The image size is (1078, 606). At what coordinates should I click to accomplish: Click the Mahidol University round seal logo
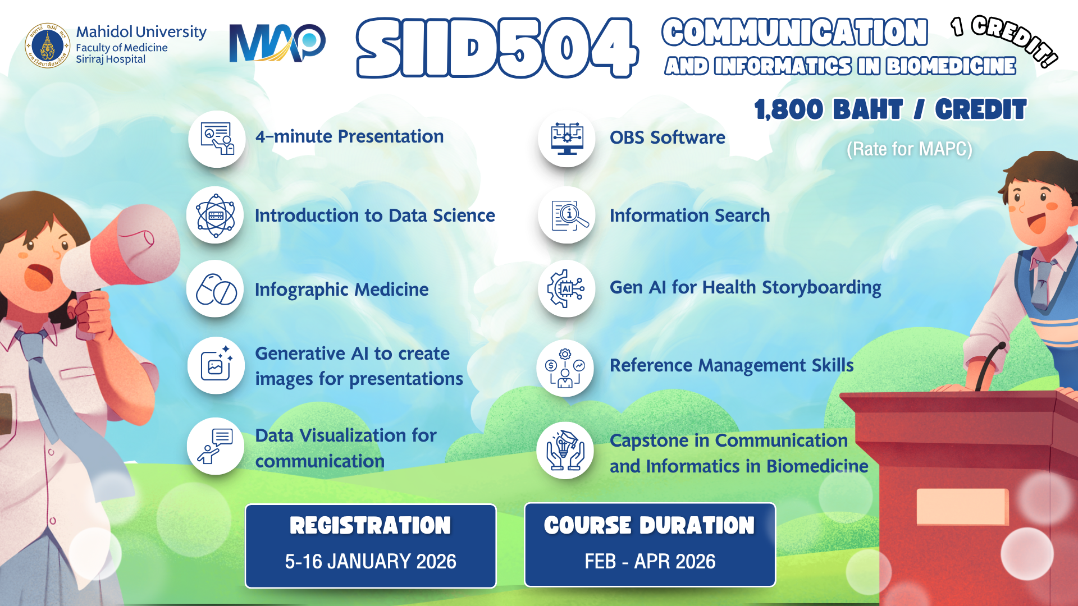point(48,45)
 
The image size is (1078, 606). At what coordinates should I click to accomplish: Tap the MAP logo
point(277,43)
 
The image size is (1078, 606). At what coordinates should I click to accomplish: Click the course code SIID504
point(497,48)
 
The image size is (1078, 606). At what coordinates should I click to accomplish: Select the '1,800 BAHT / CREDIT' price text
point(890,109)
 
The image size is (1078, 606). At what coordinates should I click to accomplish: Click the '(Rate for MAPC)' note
point(910,149)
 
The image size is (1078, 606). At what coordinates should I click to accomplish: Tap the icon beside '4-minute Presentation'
point(217,139)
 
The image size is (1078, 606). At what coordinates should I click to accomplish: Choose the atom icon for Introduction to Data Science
point(215,215)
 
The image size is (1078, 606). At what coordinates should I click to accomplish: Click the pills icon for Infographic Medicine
point(215,289)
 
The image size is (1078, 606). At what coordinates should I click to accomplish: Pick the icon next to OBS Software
point(567,138)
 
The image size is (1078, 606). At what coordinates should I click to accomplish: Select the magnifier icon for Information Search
point(567,215)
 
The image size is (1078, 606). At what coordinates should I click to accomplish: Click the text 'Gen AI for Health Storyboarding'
point(746,288)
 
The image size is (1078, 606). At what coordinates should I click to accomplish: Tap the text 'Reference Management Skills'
point(732,365)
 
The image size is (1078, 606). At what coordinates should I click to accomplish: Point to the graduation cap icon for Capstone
point(565,451)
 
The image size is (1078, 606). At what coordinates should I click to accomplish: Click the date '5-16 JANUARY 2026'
point(371,562)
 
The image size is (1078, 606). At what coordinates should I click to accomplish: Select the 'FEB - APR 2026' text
point(650,562)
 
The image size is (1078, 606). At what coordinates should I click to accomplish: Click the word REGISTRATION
point(371,526)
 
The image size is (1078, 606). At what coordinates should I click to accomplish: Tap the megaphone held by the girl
point(121,255)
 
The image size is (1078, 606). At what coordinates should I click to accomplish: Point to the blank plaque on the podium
point(962,507)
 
